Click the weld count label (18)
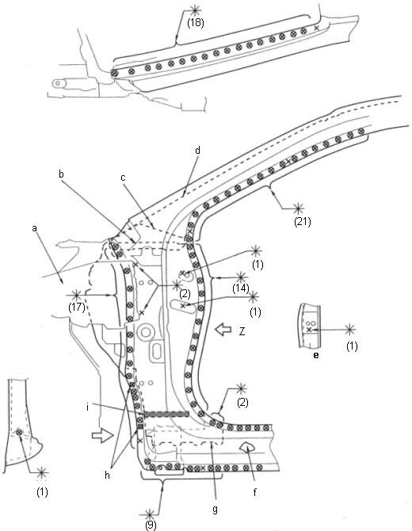click(x=196, y=23)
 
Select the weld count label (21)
click(x=303, y=221)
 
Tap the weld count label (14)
click(x=240, y=288)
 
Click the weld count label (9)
click(x=151, y=525)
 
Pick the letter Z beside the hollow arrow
click(x=242, y=331)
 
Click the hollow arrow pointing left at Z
click(x=223, y=329)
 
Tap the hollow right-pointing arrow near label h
click(x=102, y=436)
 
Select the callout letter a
click(x=34, y=228)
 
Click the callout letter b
click(x=61, y=174)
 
